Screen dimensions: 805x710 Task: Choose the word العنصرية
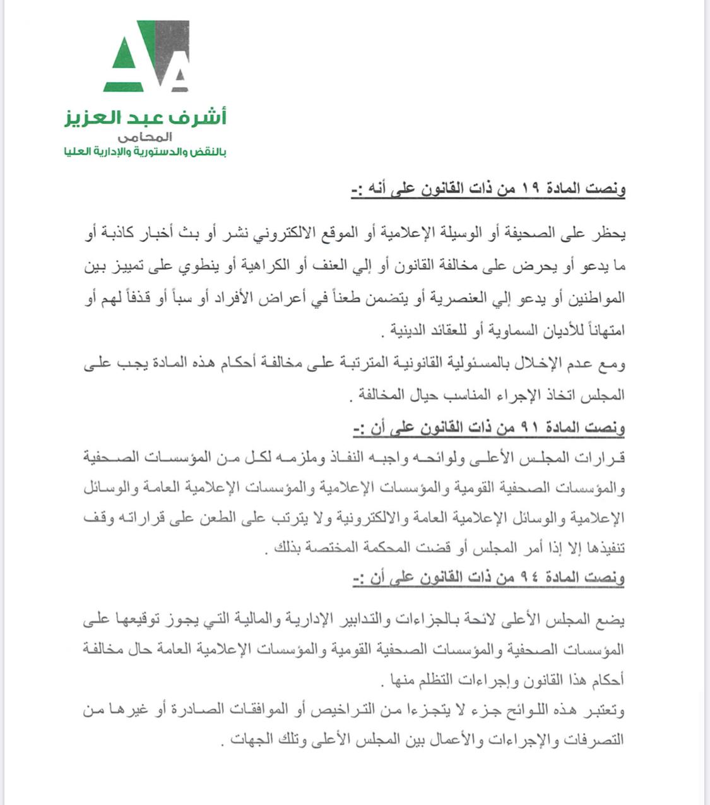[439, 297]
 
